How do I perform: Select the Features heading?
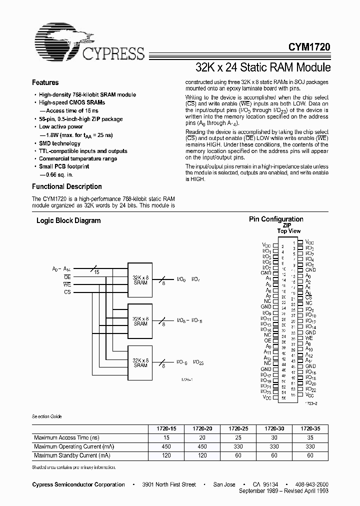tap(45, 82)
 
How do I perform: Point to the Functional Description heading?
tap(66, 186)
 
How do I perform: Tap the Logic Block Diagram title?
tap(68, 220)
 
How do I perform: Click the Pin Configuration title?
tap(276, 219)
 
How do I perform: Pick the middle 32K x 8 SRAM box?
tap(140, 320)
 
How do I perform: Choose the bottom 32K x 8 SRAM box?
tap(140, 362)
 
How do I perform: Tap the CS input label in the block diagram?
tap(67, 291)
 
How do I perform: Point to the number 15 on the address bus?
tap(96, 272)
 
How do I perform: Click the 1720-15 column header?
tap(166, 428)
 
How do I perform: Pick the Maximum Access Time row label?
tap(65, 437)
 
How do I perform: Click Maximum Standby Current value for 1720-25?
tap(238, 455)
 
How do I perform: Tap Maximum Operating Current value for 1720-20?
tap(202, 446)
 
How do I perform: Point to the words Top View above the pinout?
tap(289, 231)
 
